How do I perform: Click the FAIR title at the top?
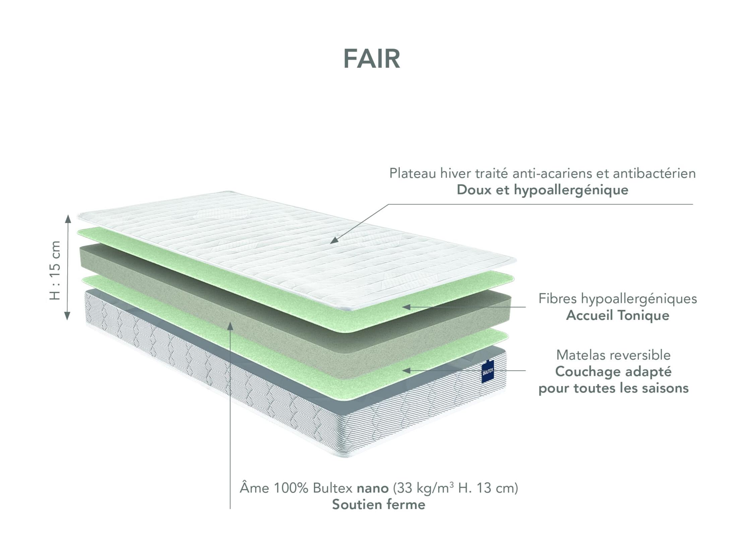(x=372, y=59)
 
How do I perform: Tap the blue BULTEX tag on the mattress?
(x=488, y=372)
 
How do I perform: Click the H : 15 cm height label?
(x=55, y=270)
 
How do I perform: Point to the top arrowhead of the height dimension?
(x=68, y=219)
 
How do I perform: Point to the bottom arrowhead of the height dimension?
(x=67, y=315)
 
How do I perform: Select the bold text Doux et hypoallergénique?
(x=542, y=190)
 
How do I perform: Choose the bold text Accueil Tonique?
(x=618, y=315)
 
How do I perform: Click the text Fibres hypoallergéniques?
(x=618, y=299)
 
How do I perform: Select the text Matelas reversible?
(x=614, y=355)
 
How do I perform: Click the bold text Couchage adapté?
(x=614, y=372)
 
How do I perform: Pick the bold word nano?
(x=373, y=488)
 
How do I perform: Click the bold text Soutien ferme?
(x=379, y=505)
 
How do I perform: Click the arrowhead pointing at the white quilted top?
(x=334, y=240)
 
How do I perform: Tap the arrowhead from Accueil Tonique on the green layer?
(x=406, y=307)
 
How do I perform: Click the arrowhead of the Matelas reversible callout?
(x=406, y=371)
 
